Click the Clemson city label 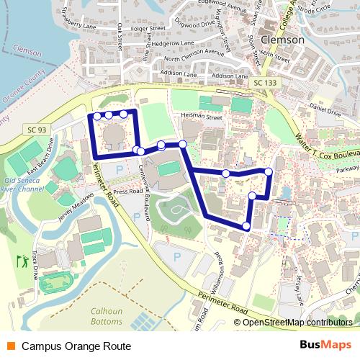pos(283,40)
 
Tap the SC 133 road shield pos(264,84)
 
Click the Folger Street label pos(148,29)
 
